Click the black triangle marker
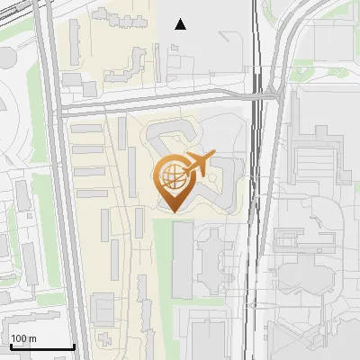[x=181, y=24]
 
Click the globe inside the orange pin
[x=172, y=176]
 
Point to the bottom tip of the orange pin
[x=172, y=211]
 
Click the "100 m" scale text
[x=24, y=338]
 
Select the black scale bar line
[x=41, y=346]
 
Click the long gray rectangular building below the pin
[x=182, y=260]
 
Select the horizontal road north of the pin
[x=153, y=104]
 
